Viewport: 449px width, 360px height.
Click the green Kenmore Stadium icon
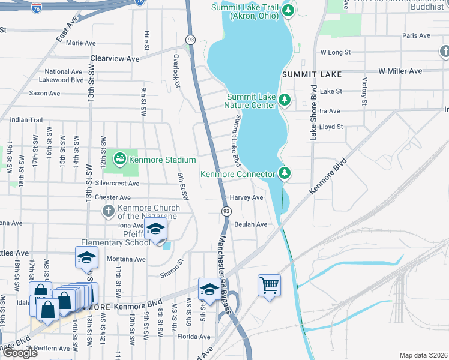[120, 159]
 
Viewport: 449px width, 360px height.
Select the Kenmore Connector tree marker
[285, 174]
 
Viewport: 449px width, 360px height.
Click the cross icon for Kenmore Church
[108, 211]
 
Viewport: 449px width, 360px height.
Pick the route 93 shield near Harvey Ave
[226, 211]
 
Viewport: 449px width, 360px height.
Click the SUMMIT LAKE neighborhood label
[312, 74]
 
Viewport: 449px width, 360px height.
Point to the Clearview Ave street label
[115, 59]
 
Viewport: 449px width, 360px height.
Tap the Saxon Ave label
[45, 94]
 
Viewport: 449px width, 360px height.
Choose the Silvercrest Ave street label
[113, 184]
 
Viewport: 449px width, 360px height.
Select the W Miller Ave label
[400, 71]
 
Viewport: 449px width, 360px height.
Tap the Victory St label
[364, 89]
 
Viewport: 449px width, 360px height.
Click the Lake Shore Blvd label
[313, 112]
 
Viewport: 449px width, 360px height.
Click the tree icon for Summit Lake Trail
[289, 10]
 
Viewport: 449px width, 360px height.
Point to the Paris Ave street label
[417, 36]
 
